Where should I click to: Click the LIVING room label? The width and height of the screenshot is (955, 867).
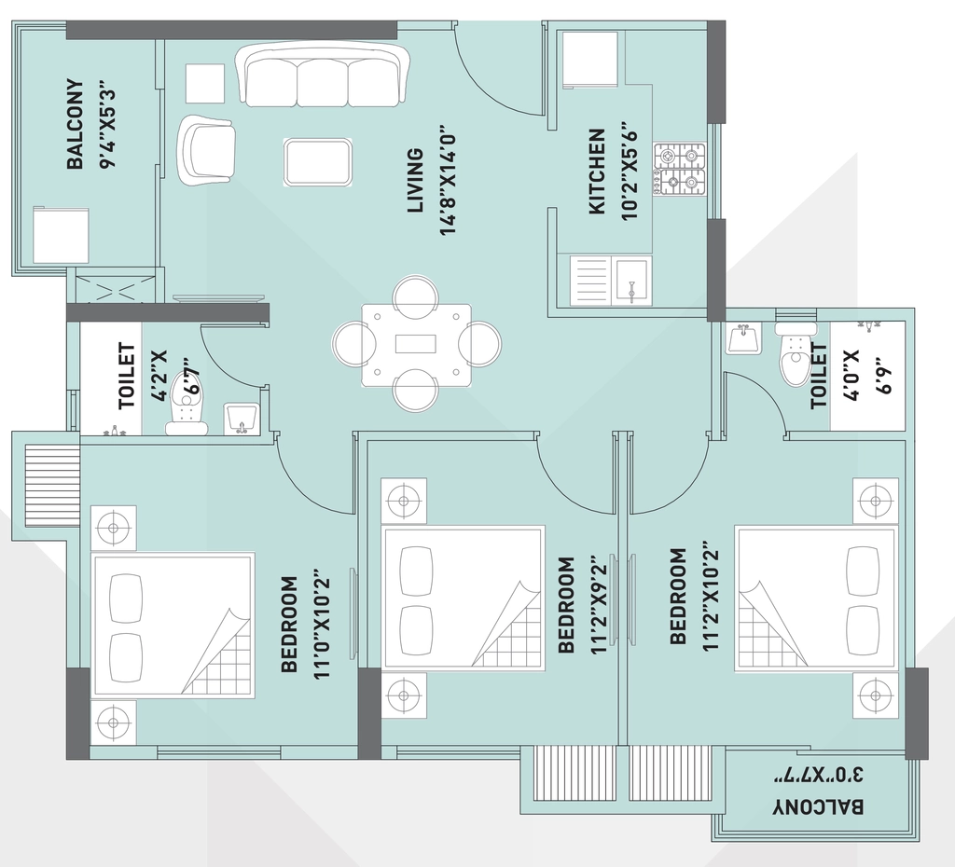click(x=415, y=180)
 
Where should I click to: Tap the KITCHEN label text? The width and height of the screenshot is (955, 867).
click(x=597, y=172)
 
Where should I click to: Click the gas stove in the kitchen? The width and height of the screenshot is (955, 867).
click(x=679, y=170)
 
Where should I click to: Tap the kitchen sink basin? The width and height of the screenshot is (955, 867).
click(x=631, y=280)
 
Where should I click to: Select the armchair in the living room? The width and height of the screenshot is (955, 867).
click(x=207, y=150)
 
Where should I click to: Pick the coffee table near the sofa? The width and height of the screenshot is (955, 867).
click(x=318, y=162)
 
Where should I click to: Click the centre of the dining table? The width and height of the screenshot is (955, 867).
click(x=416, y=345)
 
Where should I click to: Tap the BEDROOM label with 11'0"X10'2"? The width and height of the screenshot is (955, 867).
click(x=289, y=625)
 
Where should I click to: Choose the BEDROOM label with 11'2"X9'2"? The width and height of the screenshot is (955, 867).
click(x=566, y=605)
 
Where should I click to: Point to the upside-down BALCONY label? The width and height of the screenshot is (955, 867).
click(x=818, y=807)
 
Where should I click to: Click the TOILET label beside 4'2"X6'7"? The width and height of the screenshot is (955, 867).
click(x=127, y=376)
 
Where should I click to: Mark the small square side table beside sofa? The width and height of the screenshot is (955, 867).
click(x=204, y=83)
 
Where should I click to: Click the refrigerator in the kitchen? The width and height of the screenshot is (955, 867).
click(x=590, y=60)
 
